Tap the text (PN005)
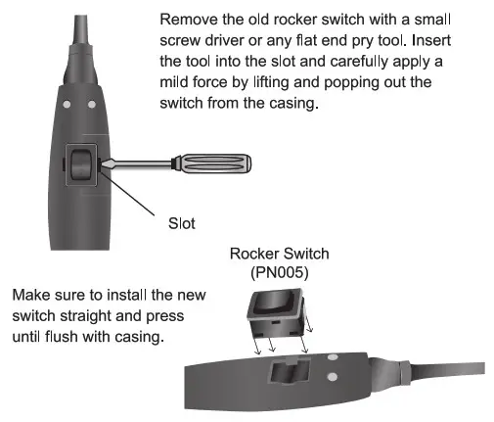point(279,273)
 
